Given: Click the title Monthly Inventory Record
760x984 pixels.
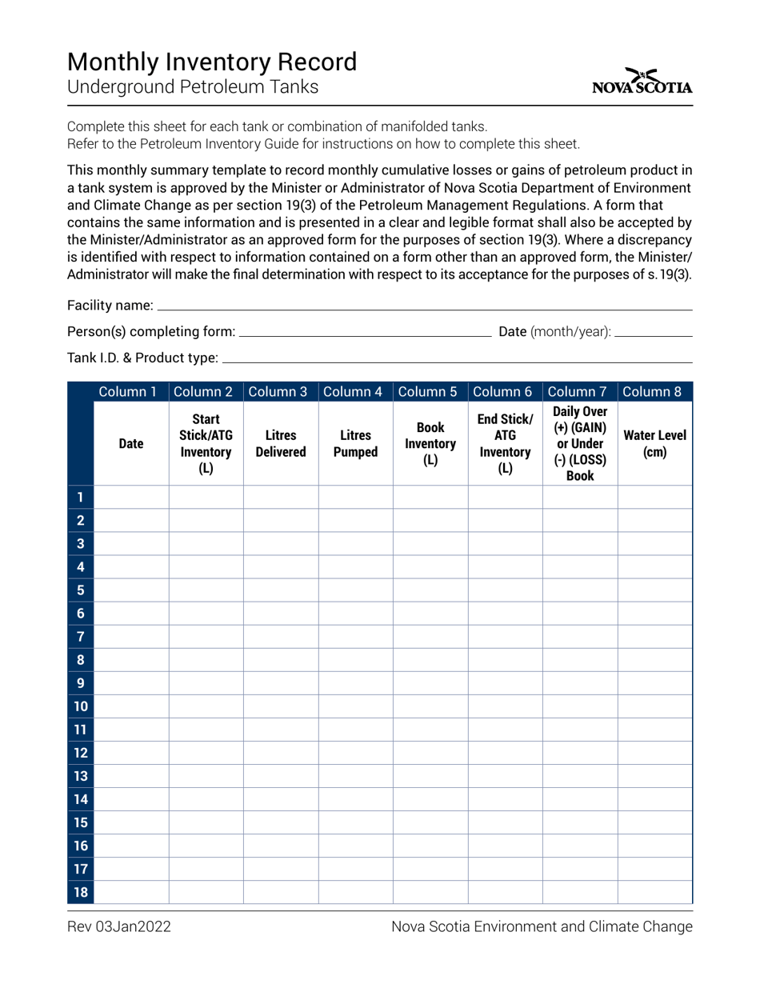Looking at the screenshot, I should point(212,62).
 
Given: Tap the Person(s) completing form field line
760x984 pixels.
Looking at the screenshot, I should point(365,331).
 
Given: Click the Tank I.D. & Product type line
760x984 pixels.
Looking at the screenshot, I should point(456,358).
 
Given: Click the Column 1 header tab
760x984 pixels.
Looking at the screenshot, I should point(131,392).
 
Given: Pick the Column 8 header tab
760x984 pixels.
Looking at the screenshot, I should point(654,392).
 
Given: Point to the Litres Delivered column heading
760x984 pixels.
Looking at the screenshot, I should point(281,444).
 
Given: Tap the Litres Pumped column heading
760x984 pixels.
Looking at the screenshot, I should point(355,444).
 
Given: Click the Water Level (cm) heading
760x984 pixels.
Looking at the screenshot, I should point(654,444).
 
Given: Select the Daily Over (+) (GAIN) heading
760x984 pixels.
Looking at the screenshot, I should point(580,444).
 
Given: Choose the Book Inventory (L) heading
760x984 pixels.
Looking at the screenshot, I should point(430,444).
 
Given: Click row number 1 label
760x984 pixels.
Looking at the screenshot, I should point(81,498).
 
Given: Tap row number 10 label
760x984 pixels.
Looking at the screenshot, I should point(81,706).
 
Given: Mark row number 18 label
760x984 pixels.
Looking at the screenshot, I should point(81,893).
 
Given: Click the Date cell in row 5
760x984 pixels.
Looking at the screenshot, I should point(131,590).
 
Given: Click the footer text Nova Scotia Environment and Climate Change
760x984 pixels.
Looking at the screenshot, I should point(542,927).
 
